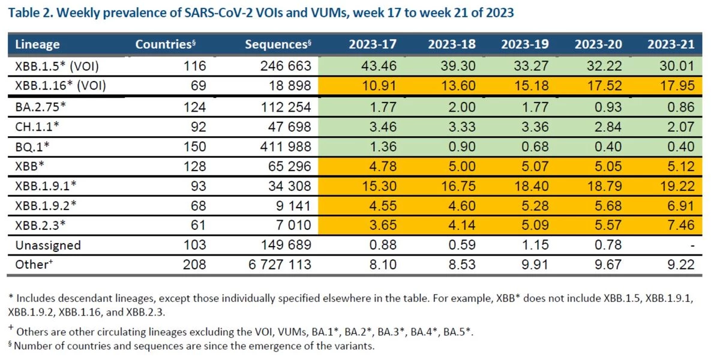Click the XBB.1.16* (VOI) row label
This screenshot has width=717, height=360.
(x=60, y=85)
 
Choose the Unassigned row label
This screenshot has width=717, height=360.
(x=47, y=245)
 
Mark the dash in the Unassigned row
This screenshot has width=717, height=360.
(x=692, y=245)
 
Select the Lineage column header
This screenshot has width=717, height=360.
(x=37, y=44)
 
